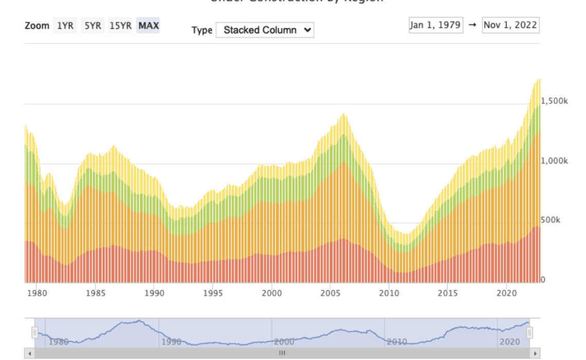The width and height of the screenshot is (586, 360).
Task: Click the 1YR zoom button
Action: pos(65,25)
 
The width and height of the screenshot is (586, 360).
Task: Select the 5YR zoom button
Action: pos(93,25)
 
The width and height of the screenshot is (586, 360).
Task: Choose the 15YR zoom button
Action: pos(121,25)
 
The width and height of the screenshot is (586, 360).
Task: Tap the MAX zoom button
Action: pos(149,25)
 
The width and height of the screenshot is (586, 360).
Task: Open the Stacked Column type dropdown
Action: pos(265,30)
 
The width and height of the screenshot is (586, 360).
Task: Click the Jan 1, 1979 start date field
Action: pos(436,25)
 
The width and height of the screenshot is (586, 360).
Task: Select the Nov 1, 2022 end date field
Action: pos(510,25)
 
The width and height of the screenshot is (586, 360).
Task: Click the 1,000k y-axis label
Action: pos(554,160)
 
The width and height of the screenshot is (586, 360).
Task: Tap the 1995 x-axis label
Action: pos(213,293)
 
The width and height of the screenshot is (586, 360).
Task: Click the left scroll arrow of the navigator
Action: pos(29,353)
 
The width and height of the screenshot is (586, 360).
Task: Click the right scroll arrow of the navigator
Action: pos(536,353)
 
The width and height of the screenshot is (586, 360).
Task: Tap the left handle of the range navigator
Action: pos(35,333)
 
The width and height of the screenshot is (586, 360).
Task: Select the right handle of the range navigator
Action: pos(529,333)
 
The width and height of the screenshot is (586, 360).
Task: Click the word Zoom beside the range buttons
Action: pos(37,25)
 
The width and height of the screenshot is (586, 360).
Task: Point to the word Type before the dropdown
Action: pos(202,30)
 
